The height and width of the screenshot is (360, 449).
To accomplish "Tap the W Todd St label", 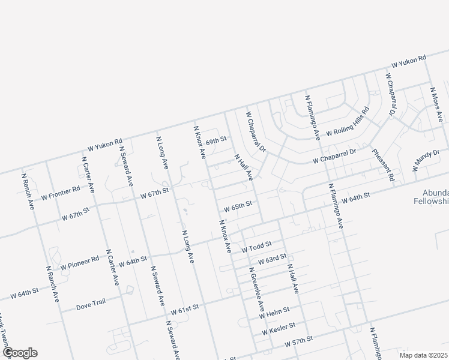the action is pyautogui.click(x=257, y=246).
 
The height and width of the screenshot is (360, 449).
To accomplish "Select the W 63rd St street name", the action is pyautogui.click(x=272, y=259).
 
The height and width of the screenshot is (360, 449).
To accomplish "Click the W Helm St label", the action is pyautogui.click(x=274, y=311).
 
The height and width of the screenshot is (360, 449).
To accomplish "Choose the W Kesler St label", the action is pyautogui.click(x=279, y=327).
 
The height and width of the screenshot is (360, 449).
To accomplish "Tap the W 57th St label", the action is pyautogui.click(x=299, y=341).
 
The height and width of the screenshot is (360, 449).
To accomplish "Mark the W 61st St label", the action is pyautogui.click(x=184, y=310).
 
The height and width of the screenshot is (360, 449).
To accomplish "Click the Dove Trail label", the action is pyautogui.click(x=91, y=304).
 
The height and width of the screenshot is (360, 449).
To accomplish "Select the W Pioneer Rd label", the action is pyautogui.click(x=79, y=262).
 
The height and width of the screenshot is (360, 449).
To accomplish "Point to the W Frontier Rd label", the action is pyautogui.click(x=61, y=193).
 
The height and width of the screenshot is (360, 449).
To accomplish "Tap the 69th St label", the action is pyautogui.click(x=215, y=142).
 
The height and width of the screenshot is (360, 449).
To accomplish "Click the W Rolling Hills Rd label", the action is pyautogui.click(x=348, y=124).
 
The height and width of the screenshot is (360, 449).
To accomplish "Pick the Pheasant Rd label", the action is pyautogui.click(x=384, y=164).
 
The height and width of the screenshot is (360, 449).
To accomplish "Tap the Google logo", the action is pyautogui.click(x=20, y=353).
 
